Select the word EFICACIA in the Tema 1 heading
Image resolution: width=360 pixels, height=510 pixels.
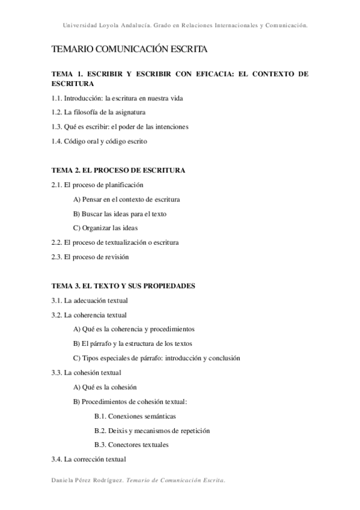(x=212, y=74)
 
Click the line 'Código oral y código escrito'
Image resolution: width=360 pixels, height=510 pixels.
(x=106, y=141)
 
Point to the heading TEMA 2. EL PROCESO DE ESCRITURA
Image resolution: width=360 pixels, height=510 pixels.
(x=118, y=170)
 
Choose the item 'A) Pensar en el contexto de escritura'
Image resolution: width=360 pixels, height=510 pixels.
(x=126, y=199)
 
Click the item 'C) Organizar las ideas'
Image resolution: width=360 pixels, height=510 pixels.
(x=105, y=228)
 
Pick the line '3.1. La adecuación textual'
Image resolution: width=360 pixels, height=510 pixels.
(x=90, y=300)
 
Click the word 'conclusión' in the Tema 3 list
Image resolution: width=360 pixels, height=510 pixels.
(x=224, y=358)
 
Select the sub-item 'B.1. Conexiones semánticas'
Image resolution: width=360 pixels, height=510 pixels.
(x=135, y=416)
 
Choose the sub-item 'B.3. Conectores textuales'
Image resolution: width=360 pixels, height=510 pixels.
(x=131, y=445)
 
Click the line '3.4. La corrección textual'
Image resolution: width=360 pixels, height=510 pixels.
(x=89, y=459)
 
